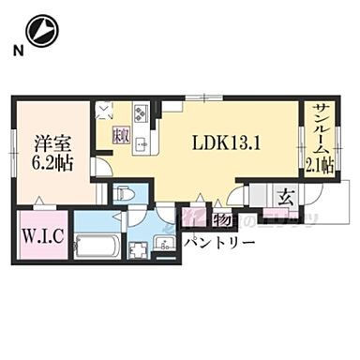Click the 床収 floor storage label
(x=121, y=134)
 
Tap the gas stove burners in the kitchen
(x=141, y=114)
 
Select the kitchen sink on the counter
(x=140, y=144)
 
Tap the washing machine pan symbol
(x=141, y=249)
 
